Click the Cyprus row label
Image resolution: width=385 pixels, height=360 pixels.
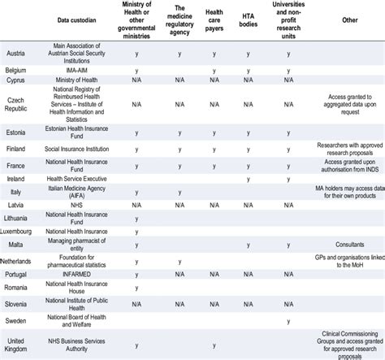(15, 81)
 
